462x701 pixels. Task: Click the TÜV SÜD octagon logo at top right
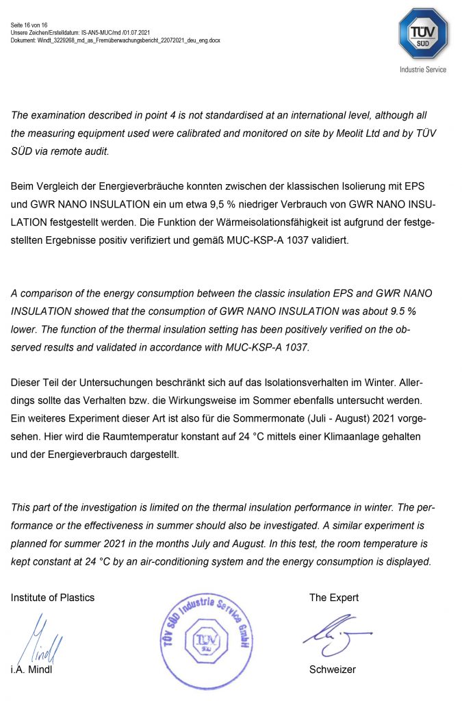(423, 34)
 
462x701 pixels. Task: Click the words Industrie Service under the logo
(423, 70)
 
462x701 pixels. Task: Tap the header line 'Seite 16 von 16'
(29, 25)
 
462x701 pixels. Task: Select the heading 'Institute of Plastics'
(53, 598)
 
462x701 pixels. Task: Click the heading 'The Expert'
(334, 598)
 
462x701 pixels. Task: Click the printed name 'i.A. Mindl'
(31, 670)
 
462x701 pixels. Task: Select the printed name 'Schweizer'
(333, 670)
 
